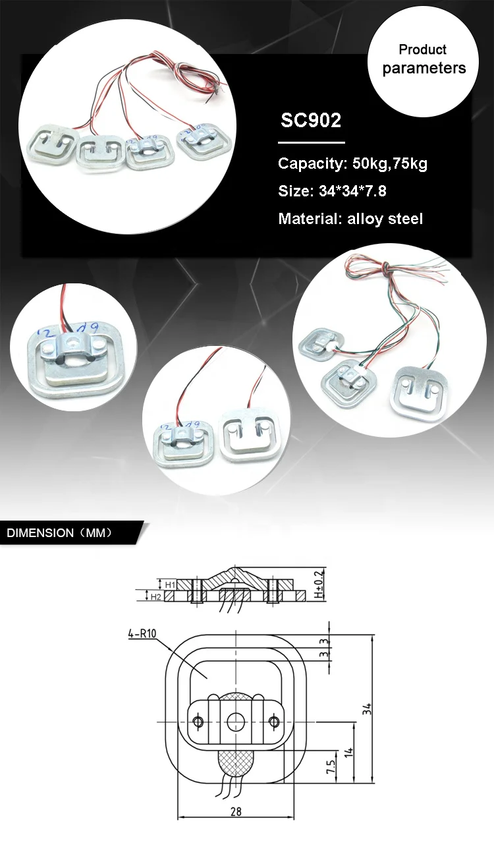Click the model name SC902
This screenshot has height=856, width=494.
pos(311,121)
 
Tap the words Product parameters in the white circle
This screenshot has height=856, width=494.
pos(424,59)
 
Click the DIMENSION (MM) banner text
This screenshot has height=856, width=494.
pos(60,533)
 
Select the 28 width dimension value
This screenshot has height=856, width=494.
pos(236,812)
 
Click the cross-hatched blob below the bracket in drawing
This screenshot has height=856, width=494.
pos(236,764)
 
